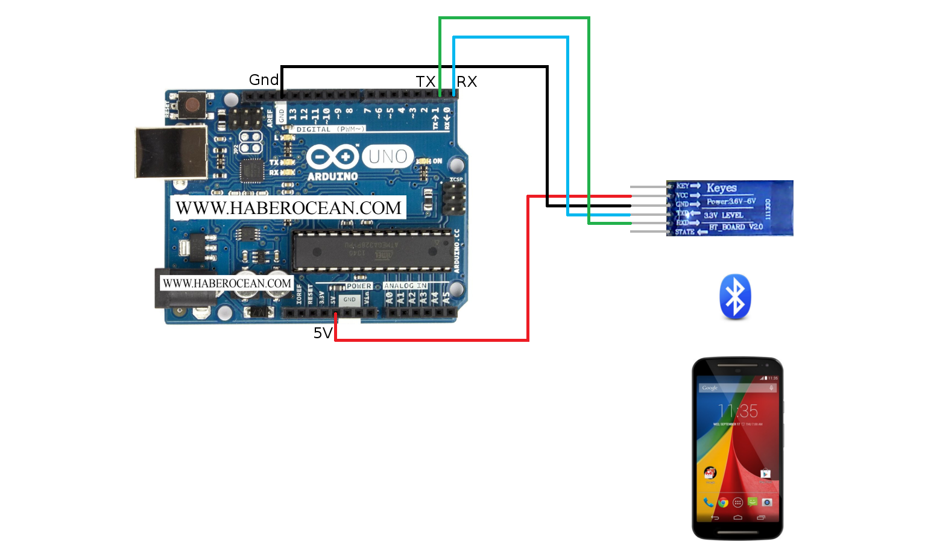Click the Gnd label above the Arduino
264,80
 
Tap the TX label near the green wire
425,82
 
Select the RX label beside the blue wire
467,82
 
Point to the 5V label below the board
323,333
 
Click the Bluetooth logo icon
735,297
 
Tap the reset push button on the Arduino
192,106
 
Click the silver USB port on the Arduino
171,153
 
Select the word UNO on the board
388,157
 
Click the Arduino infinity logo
332,157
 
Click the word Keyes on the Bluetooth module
721,188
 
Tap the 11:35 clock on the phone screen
737,411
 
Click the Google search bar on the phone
737,388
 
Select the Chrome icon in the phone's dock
723,502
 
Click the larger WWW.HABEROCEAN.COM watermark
288,208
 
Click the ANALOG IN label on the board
405,286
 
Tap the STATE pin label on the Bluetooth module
684,232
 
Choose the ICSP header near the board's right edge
453,198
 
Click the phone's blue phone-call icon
708,502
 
